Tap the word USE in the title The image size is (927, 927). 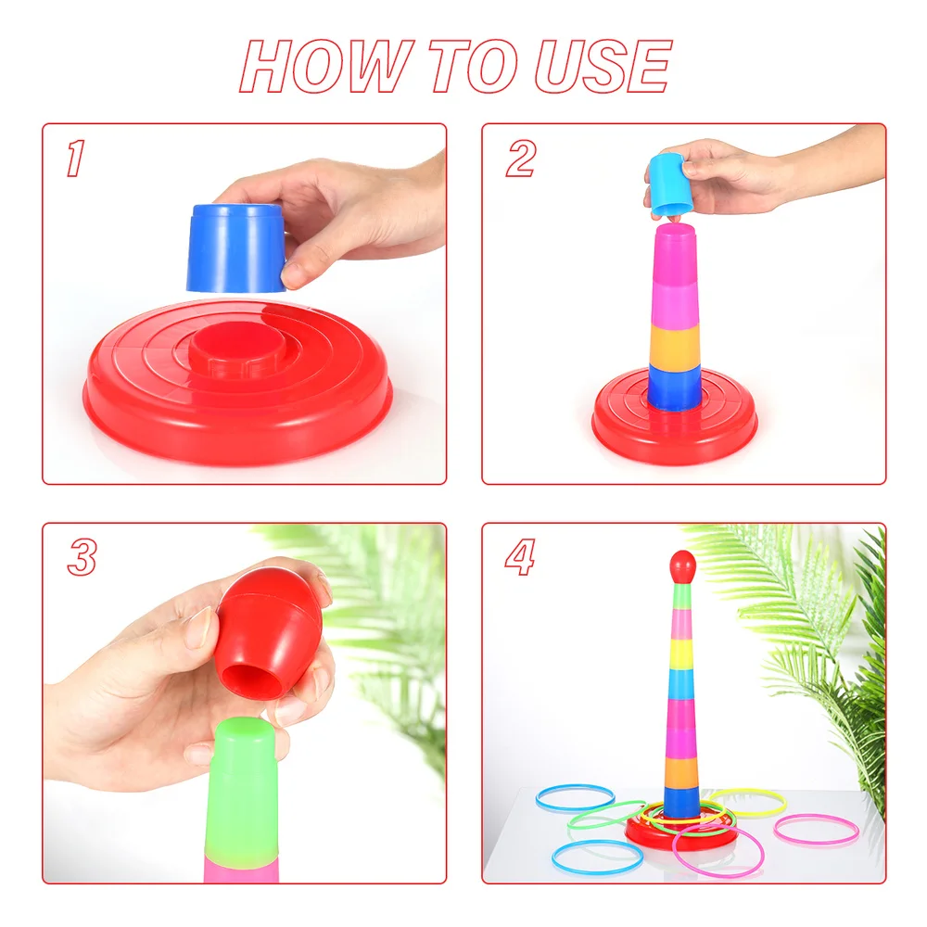pyautogui.click(x=602, y=67)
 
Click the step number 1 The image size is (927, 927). pyautogui.click(x=74, y=159)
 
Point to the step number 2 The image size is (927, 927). pyautogui.click(x=520, y=159)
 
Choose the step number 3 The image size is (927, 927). pyautogui.click(x=82, y=557)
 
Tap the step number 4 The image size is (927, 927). pyautogui.click(x=520, y=557)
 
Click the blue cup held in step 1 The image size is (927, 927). pyautogui.click(x=235, y=248)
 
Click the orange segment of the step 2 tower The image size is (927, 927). pyautogui.click(x=675, y=345)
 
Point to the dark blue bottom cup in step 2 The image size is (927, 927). pyautogui.click(x=675, y=387)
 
